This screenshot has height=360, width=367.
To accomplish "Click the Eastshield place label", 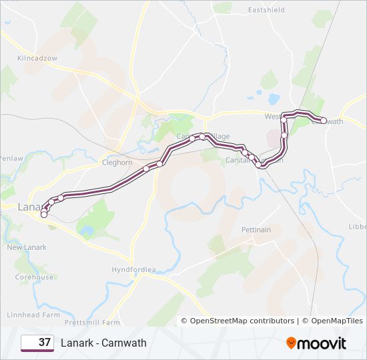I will coord(266,10).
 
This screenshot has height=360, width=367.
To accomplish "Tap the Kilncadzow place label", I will coord(37,59).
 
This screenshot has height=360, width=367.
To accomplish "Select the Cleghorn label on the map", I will coord(117,162).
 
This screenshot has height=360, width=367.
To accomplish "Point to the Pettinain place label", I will coord(256,230).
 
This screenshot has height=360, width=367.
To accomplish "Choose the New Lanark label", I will coord(27,247).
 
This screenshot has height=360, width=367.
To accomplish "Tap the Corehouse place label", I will coord(34,277).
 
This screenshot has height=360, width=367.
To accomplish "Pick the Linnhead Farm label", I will coord(33,315).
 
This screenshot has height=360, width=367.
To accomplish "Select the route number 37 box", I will coord(37,343).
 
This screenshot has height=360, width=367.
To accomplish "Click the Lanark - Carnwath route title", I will coord(103,343).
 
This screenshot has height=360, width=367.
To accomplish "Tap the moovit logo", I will coord(316,343).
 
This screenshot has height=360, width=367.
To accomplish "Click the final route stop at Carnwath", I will coord(324,121).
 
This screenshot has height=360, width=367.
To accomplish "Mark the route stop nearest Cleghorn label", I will coord(146,169).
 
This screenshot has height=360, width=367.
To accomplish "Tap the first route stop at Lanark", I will coord(44,215).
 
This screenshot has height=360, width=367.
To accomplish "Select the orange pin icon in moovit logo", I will coord(291,343).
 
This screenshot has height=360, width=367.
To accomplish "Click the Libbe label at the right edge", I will coord(358,227).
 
